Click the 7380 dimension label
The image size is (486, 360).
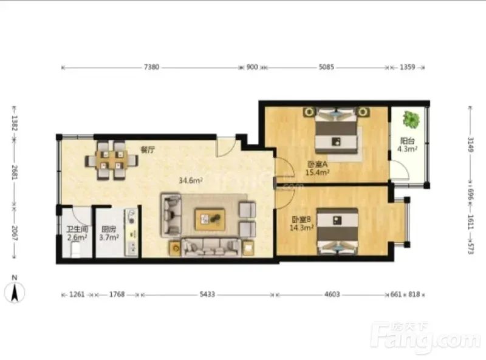(x=151, y=67)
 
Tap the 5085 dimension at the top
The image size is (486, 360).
(x=326, y=67)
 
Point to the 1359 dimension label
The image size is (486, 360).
(x=407, y=67)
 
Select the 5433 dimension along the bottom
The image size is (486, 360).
(x=207, y=294)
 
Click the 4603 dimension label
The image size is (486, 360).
(x=332, y=294)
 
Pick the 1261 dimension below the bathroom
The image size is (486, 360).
(x=77, y=294)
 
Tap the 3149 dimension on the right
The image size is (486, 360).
(x=470, y=144)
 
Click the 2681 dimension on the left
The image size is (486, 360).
(x=15, y=172)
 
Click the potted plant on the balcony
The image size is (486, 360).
(x=411, y=119)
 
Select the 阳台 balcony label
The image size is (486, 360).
(x=407, y=141)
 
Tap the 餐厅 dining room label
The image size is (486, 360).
(x=148, y=150)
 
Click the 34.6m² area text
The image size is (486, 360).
(x=191, y=180)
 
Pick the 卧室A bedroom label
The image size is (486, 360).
(x=317, y=164)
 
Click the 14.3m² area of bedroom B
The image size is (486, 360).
(x=301, y=228)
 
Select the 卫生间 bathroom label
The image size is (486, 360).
(x=77, y=229)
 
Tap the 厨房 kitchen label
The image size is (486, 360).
(x=109, y=229)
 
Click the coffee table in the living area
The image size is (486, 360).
(x=210, y=219)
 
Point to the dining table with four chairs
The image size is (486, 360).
(x=112, y=160)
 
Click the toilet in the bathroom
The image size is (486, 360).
(x=77, y=250)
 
